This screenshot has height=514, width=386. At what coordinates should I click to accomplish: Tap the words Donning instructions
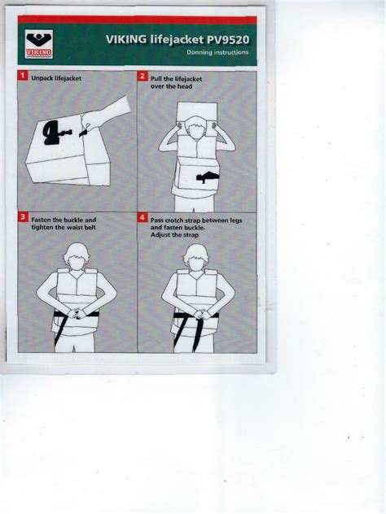pos(217,53)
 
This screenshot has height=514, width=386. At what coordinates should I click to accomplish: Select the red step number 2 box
pos(142,76)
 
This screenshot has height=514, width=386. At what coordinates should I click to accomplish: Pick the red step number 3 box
pos(23,217)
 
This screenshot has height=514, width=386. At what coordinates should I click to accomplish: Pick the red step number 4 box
pos(142,217)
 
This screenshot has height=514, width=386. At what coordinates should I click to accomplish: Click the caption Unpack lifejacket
pos(57,77)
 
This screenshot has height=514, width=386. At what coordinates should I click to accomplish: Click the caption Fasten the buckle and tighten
pos(64,224)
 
